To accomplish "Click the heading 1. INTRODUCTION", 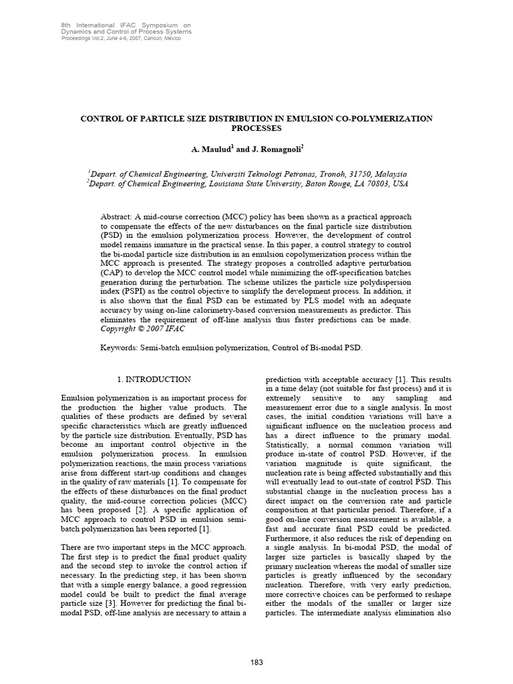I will coord(154,379).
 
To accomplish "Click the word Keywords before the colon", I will coord(120,348).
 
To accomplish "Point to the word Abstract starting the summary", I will coord(116,217).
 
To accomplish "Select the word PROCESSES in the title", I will coord(256,127).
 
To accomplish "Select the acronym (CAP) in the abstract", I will coord(114,273).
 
